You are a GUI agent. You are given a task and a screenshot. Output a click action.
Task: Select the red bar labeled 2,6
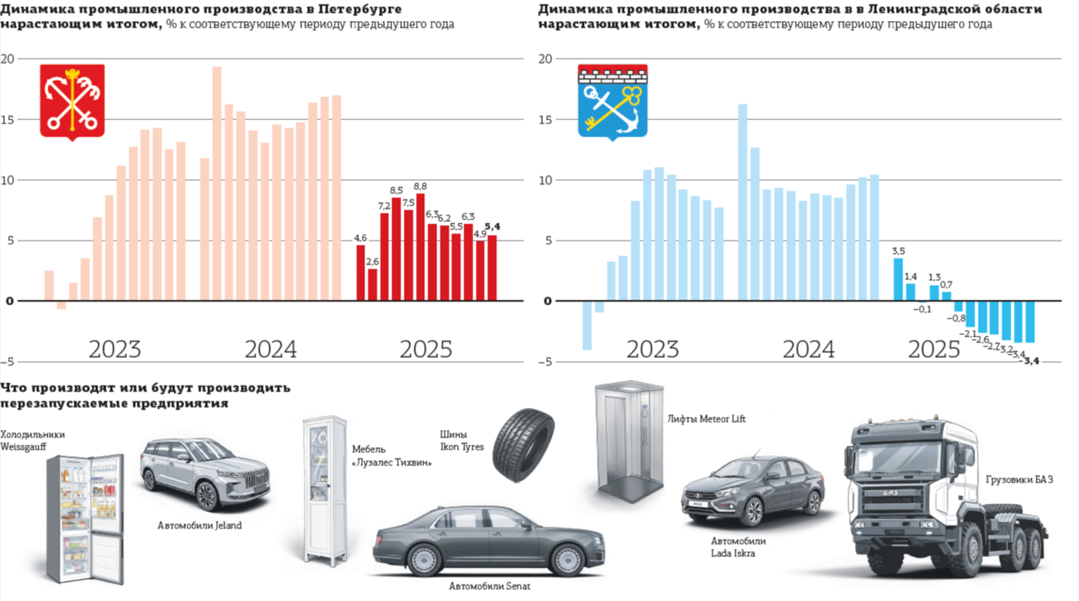point(373,284)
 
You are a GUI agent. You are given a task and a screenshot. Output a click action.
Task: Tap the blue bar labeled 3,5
point(898,279)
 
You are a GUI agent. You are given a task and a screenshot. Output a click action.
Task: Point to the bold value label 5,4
point(492,227)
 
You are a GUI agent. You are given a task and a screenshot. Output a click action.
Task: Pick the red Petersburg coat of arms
point(72,101)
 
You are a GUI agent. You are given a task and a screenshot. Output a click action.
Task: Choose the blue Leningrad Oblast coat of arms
point(613,101)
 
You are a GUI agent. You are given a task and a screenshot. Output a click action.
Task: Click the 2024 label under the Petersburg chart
point(270,350)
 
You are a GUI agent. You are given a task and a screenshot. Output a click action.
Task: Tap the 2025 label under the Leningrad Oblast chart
point(933,350)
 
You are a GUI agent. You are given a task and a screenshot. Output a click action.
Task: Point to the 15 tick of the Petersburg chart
point(8,120)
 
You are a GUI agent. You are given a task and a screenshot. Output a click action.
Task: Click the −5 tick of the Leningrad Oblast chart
point(545,362)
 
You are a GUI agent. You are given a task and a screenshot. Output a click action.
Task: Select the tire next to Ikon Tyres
point(523,445)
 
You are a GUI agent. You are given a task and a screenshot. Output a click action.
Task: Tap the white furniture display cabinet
point(325,489)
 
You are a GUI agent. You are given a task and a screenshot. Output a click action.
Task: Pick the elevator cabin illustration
point(629,441)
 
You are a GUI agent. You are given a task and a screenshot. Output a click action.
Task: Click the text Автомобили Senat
point(489,586)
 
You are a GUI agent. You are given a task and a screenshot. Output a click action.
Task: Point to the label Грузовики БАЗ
point(1019,480)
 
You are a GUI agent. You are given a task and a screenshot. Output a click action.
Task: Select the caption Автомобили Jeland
point(200,526)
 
